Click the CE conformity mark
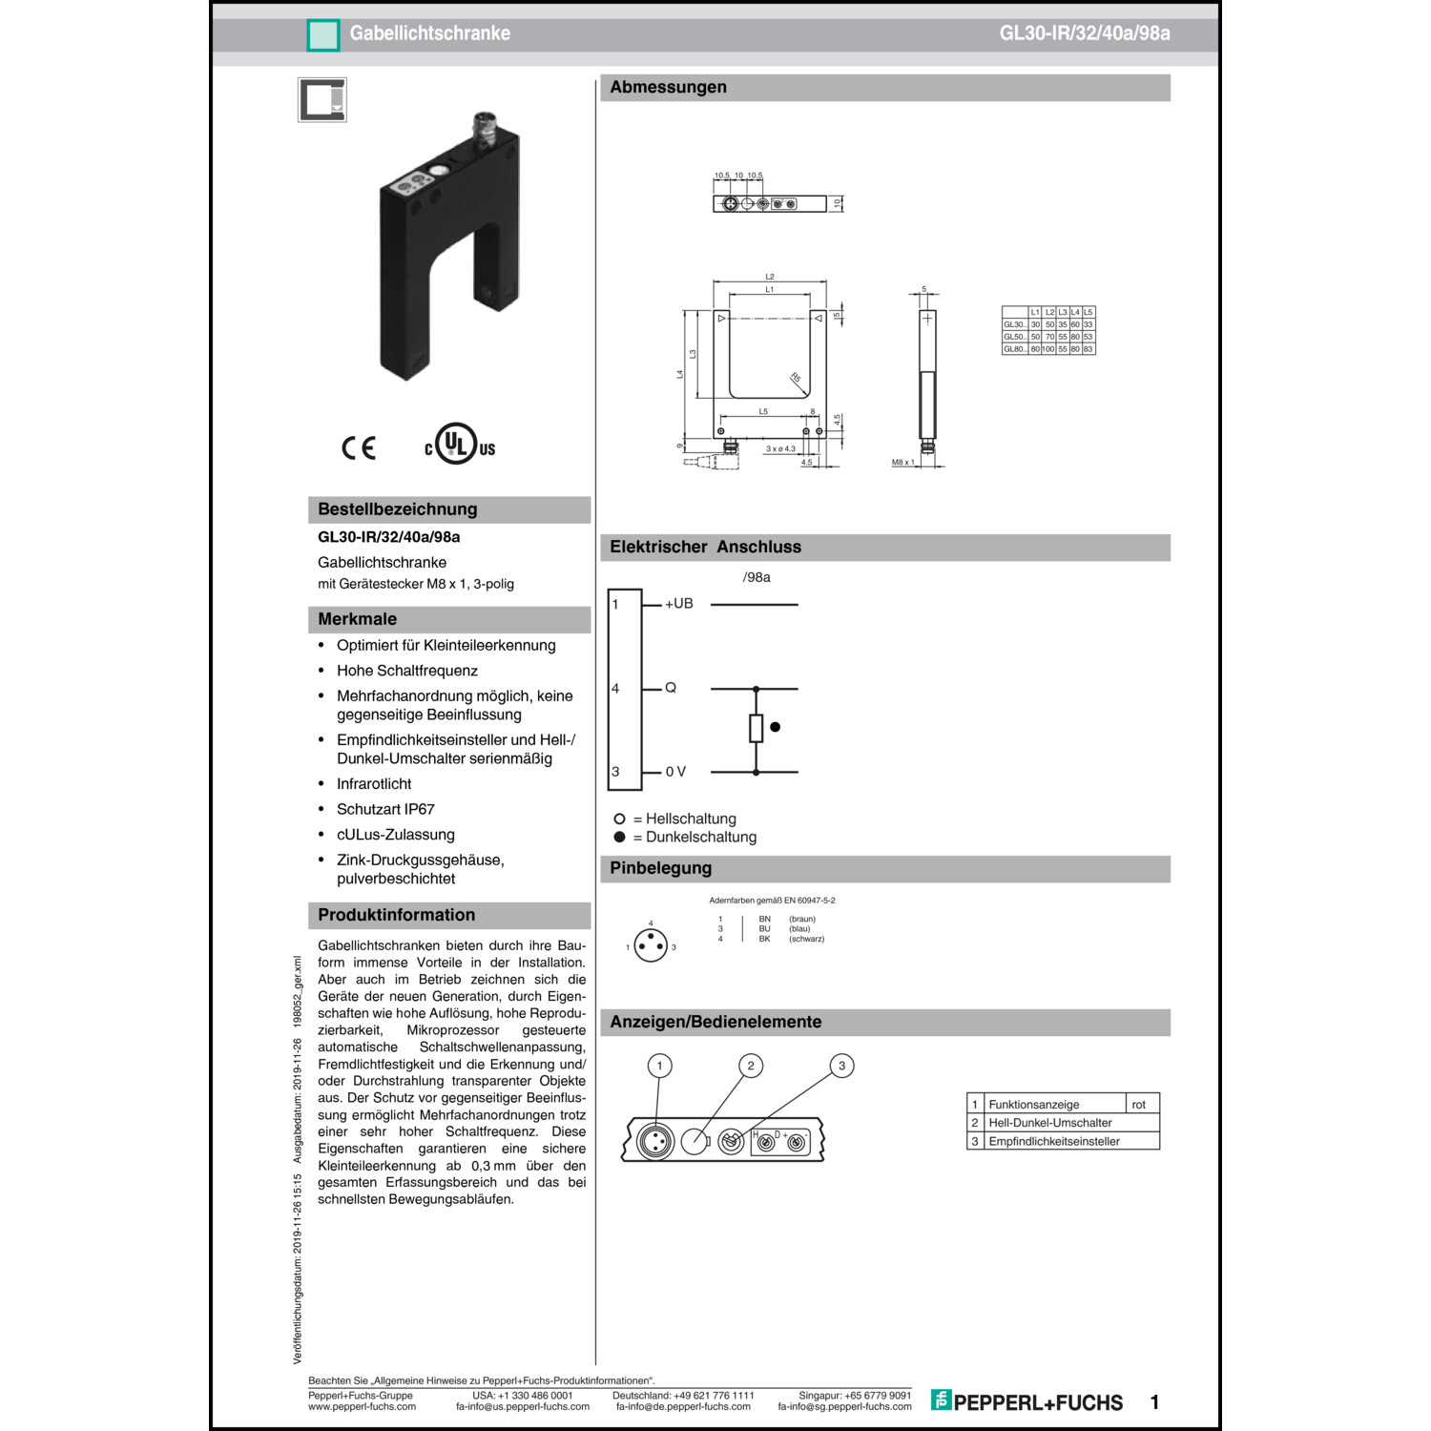(359, 447)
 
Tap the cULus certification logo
(460, 445)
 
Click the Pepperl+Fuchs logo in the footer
(1027, 1401)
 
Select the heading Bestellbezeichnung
(397, 509)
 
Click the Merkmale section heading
(357, 619)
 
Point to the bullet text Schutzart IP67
(385, 809)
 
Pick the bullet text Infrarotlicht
(374, 784)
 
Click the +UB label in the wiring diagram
(679, 604)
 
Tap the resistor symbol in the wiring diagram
(756, 728)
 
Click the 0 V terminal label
(675, 772)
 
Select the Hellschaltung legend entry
(684, 819)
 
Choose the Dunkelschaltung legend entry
(694, 838)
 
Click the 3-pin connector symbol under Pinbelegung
(651, 946)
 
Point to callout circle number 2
(751, 1066)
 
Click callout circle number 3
(841, 1066)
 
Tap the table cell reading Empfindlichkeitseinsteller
(1053, 1141)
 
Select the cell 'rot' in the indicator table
(1138, 1105)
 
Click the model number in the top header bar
(1084, 33)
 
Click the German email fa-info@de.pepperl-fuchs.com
(683, 1406)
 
